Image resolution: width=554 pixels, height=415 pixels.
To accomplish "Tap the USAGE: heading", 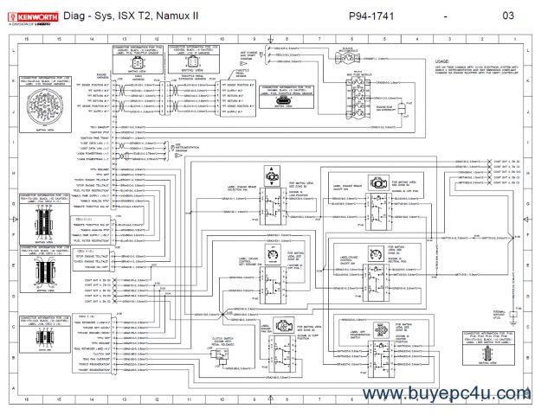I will tap(443, 62).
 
